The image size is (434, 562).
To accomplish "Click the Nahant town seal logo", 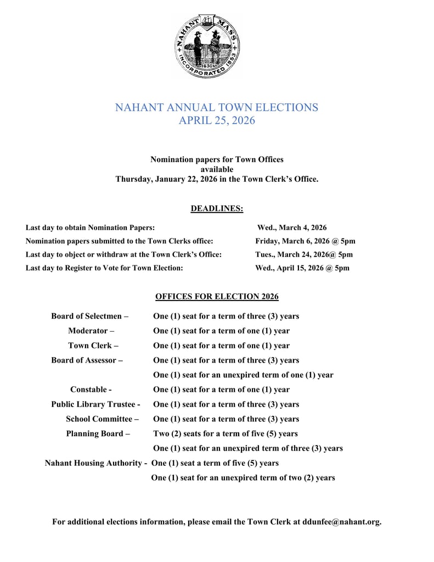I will coord(208,46).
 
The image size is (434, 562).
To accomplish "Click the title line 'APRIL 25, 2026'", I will coord(217,120).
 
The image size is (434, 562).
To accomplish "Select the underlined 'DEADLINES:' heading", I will coord(217,208).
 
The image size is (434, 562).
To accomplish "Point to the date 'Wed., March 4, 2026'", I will coord(292,227).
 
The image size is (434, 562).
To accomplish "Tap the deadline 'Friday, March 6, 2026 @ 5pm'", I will coord(305,241).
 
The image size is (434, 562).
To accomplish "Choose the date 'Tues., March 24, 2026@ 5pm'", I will coord(304,254).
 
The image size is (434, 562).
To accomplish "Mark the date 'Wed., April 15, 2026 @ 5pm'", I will coord(302,268).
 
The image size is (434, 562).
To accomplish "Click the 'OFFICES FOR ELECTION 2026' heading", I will coord(217,297).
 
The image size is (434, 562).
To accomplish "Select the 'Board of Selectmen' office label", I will coord(90,316).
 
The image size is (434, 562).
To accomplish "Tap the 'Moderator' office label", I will coord(91,331).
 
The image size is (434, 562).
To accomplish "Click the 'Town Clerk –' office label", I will coord(93,346).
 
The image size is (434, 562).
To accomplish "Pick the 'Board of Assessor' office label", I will coord(87,360).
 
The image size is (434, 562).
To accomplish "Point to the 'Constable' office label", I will coord(91,389).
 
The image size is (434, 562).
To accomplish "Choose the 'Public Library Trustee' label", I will coord(95,404).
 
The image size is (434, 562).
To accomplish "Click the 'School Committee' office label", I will coord(102,419).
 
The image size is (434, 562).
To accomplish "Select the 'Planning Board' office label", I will coord(98,433).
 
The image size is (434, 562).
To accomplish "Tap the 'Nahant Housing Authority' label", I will coord(95,463).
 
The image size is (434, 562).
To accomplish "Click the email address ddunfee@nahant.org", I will coord(341,521).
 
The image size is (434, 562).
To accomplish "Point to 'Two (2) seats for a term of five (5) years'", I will coord(226,433).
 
